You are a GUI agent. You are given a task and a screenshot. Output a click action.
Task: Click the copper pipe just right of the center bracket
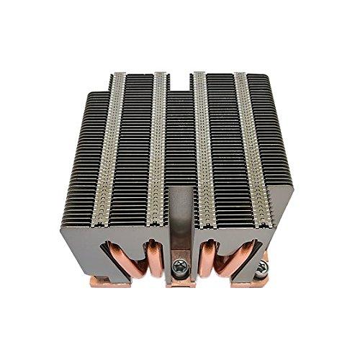[208, 259]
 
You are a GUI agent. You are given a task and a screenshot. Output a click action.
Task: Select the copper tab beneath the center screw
[179, 283]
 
